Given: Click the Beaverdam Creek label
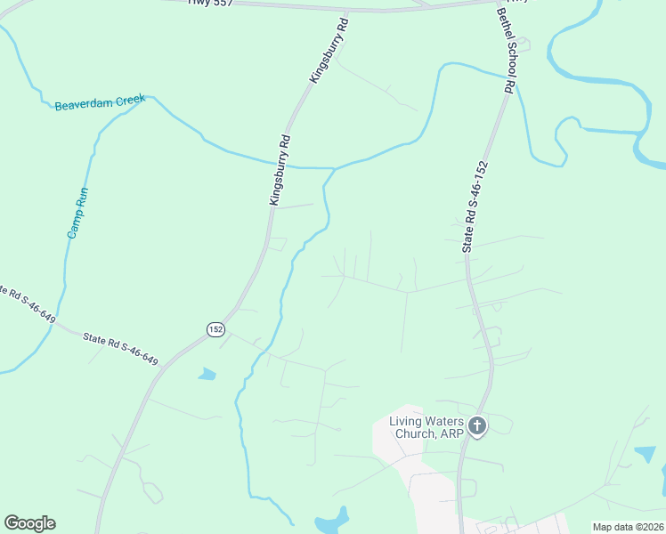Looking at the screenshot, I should (x=100, y=103).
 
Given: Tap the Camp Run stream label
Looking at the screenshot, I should (x=79, y=212).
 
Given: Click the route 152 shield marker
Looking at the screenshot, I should (x=215, y=329).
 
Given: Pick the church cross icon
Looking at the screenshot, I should (x=477, y=426).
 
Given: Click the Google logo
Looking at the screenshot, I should (x=29, y=523).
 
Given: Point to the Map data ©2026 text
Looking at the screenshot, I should (x=628, y=527).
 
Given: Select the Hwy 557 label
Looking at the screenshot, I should (x=211, y=3).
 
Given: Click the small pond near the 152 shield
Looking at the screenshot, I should (x=207, y=374).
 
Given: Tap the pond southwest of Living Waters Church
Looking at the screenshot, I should (x=331, y=520).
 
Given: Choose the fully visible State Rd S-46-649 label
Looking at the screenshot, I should (x=120, y=349).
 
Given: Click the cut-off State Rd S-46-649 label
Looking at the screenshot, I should (x=20, y=298).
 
